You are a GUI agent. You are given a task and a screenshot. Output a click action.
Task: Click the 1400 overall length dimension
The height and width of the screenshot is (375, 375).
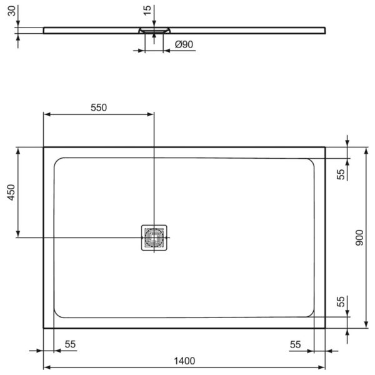pos(184,361)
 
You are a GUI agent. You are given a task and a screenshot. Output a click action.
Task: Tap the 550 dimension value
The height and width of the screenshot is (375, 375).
pos(99,107)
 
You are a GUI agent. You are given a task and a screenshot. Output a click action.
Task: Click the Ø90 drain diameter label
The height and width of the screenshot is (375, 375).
pos(182,44)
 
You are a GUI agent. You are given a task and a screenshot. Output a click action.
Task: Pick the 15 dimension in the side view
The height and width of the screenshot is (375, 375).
pos(147,11)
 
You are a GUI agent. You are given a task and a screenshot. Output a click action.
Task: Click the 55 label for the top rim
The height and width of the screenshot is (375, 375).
pos(341,174)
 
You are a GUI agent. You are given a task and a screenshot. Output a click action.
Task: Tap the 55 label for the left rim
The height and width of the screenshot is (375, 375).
pos(69,344)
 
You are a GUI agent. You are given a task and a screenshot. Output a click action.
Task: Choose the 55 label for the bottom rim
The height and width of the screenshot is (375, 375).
pos(341,302)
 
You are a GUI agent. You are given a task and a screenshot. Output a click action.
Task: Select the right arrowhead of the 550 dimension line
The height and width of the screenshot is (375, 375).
pos(150,114)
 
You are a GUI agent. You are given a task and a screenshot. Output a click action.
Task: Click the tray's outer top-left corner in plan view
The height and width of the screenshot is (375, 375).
pos(43,147)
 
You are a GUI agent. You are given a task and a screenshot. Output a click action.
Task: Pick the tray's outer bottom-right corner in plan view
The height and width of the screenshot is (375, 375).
pos(326,327)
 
